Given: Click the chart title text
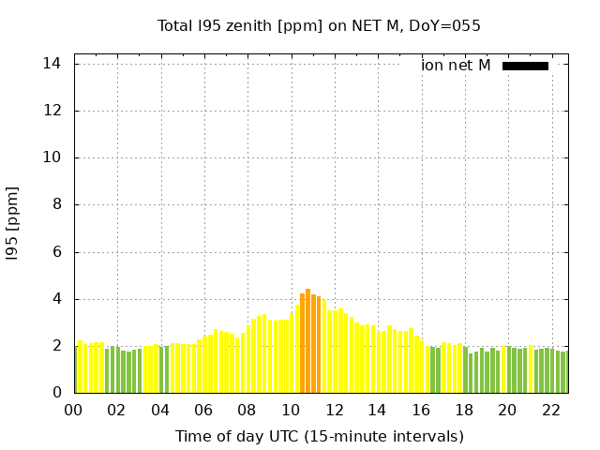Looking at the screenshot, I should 319,25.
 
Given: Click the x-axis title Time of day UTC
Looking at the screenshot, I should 319,436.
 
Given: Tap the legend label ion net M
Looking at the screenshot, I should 456,66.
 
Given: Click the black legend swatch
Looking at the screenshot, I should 525,66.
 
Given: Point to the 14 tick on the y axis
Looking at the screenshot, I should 53,64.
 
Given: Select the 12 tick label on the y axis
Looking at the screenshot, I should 53,111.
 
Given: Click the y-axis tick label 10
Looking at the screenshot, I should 53,157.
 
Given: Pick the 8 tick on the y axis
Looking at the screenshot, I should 57,204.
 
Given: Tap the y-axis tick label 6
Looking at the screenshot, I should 57,252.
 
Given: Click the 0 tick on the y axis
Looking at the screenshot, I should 57,393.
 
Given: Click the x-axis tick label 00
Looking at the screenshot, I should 74,410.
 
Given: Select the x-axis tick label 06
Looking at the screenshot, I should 203,410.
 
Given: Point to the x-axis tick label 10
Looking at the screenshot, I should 291,410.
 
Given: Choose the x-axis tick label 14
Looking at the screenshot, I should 377,410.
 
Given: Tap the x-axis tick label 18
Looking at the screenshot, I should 463,410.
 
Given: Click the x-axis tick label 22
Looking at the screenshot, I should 550,410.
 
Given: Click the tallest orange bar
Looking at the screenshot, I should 307,341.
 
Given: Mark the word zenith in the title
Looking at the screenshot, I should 241,25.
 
